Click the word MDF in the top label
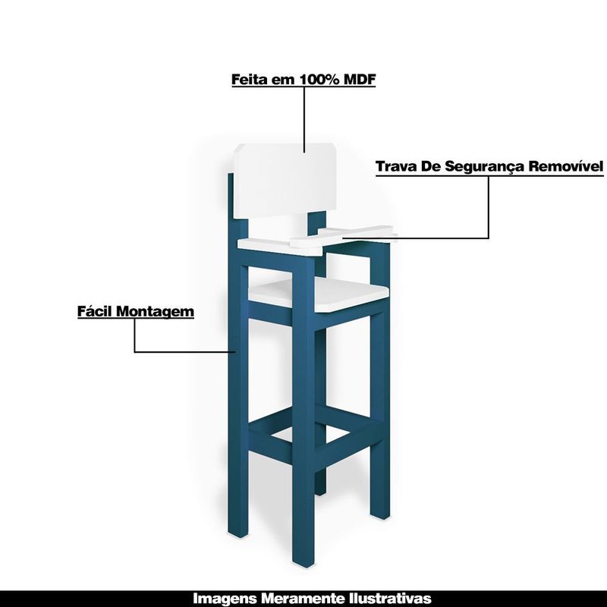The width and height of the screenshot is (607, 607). click(360, 80)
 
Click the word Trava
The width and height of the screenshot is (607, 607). click(396, 166)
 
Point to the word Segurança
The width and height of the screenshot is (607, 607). click(484, 167)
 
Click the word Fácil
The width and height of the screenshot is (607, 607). click(96, 311)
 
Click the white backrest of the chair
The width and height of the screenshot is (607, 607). click(287, 180)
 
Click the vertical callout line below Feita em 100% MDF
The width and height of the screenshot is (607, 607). click(304, 120)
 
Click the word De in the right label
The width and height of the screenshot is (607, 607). click(430, 166)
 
